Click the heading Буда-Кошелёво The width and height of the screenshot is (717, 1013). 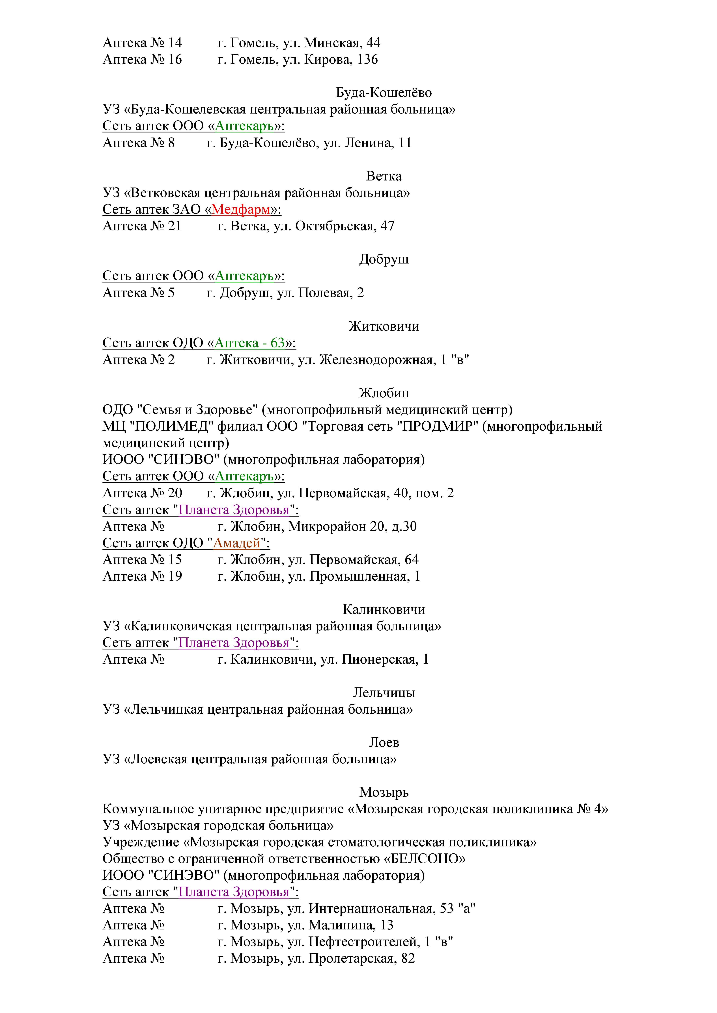coord(384,93)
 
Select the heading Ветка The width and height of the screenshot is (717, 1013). coord(384,176)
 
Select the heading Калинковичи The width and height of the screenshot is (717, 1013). coord(384,609)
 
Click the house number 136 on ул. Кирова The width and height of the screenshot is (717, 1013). coord(367,60)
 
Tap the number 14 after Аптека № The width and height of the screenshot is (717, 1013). coord(175,43)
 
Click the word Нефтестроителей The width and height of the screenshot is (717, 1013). coord(363,942)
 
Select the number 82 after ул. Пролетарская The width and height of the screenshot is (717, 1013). coord(408,958)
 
